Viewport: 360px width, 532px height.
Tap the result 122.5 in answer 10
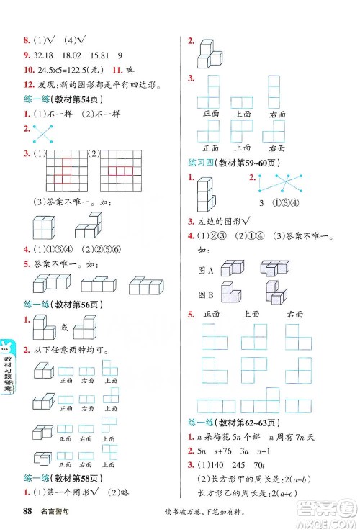[x=77, y=70]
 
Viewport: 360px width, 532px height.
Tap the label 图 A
[x=205, y=270]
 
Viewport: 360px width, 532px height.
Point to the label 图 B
[x=205, y=294]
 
